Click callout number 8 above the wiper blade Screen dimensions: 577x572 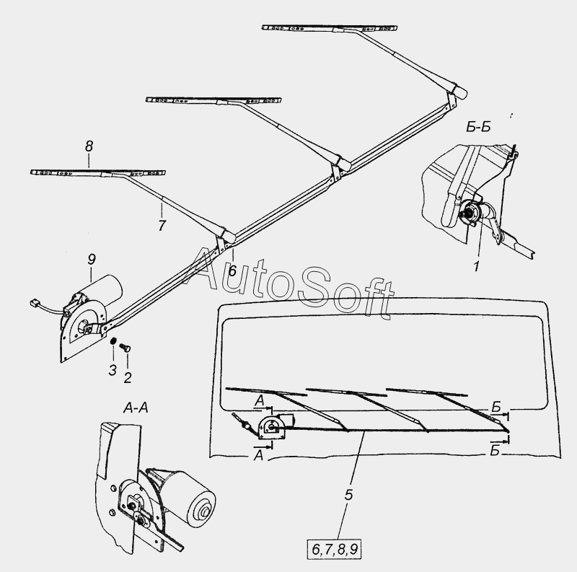pyautogui.click(x=89, y=146)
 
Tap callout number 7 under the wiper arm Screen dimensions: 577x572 pyautogui.click(x=162, y=226)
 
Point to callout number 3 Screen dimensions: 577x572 pyautogui.click(x=112, y=370)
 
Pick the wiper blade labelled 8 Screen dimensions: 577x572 pyautogui.click(x=98, y=172)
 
